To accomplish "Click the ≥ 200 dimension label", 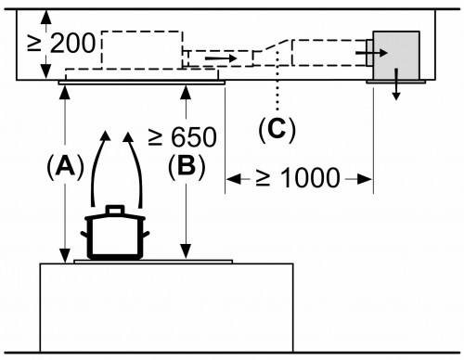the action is [61, 44].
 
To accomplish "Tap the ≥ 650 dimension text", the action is [182, 137].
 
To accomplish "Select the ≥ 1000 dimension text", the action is [298, 178].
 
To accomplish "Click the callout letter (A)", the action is [65, 167].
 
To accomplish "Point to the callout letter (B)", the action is [187, 167].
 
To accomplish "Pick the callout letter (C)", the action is [277, 129].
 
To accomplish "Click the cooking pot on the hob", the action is [115, 232].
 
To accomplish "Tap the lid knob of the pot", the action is [115, 210].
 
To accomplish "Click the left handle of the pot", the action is [84, 234].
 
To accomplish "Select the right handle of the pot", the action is [146, 234].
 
